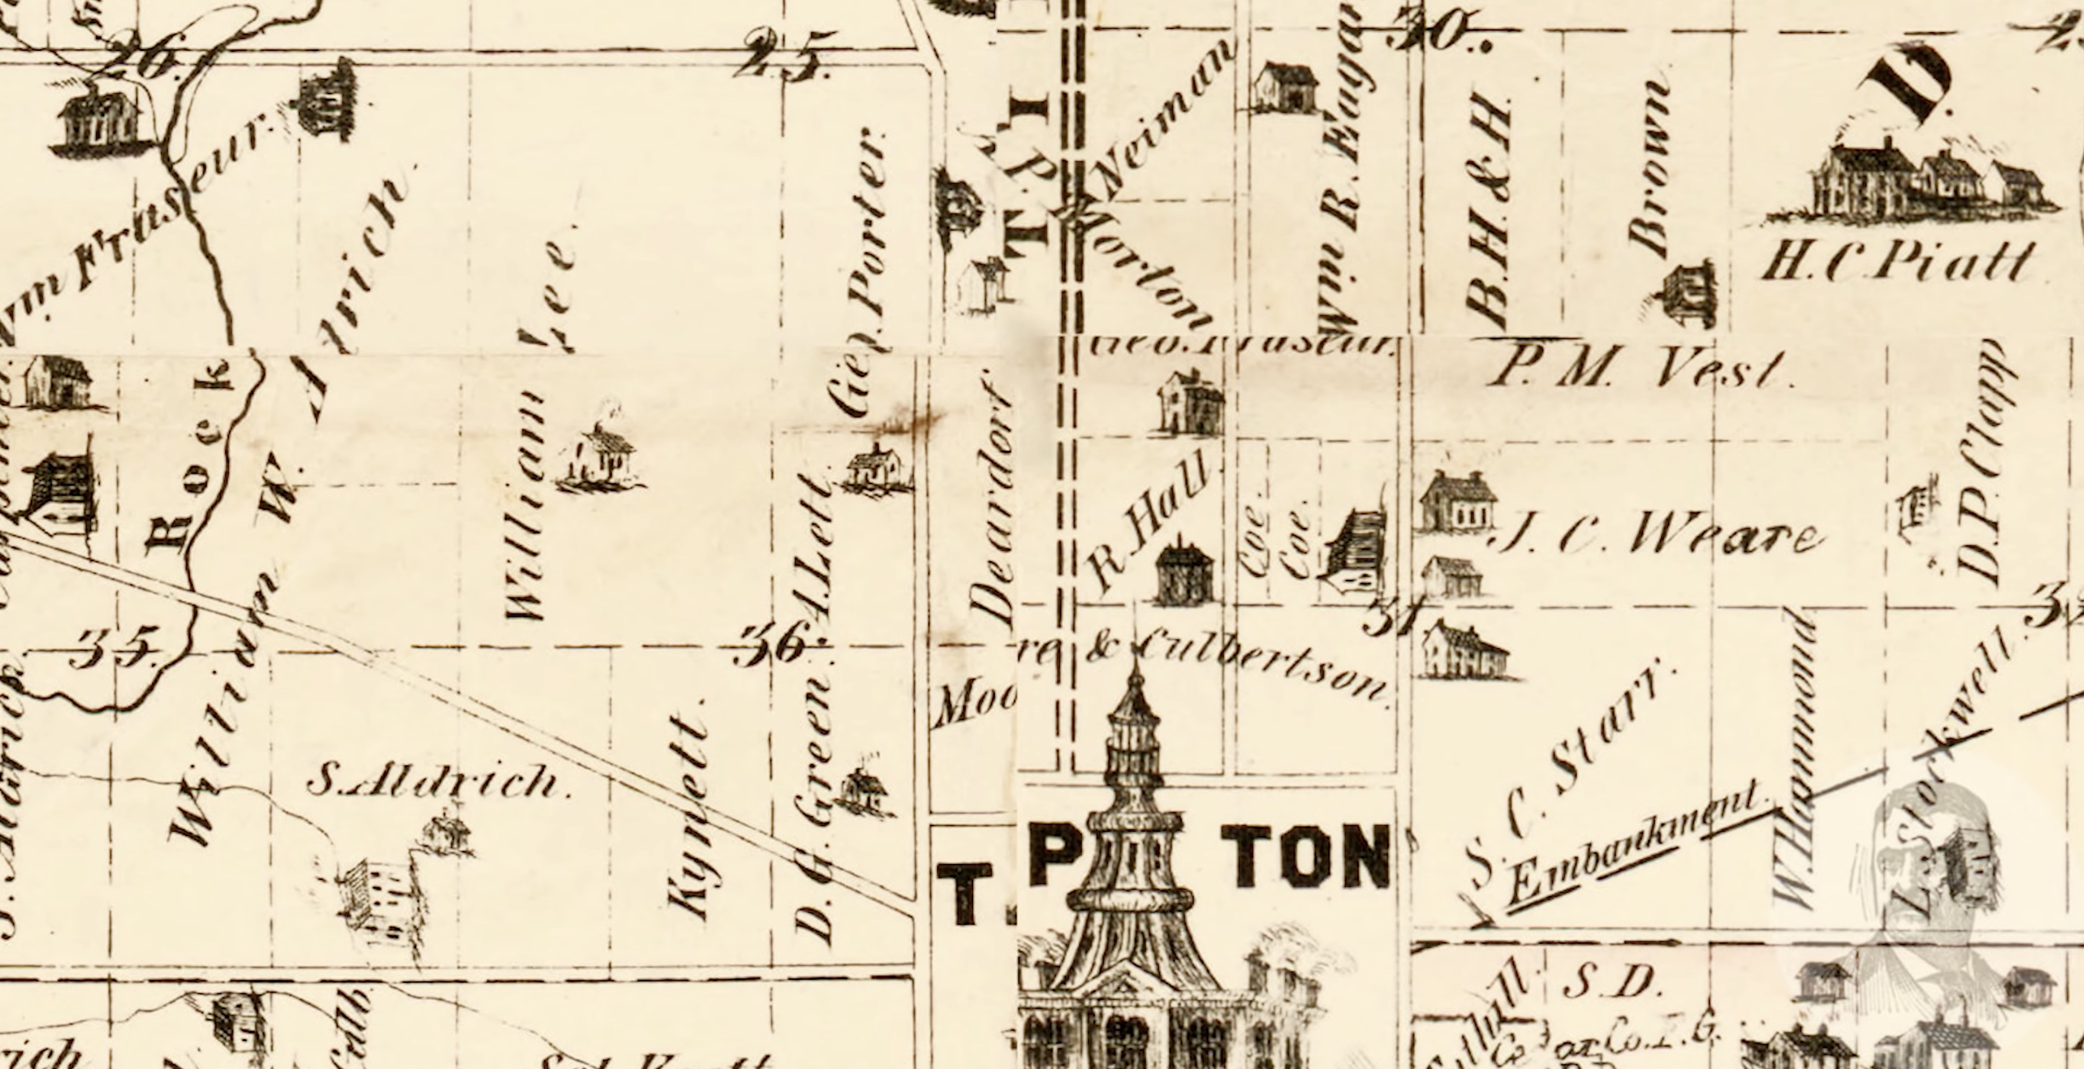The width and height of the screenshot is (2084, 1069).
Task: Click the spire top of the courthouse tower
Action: click(x=1137, y=675)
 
